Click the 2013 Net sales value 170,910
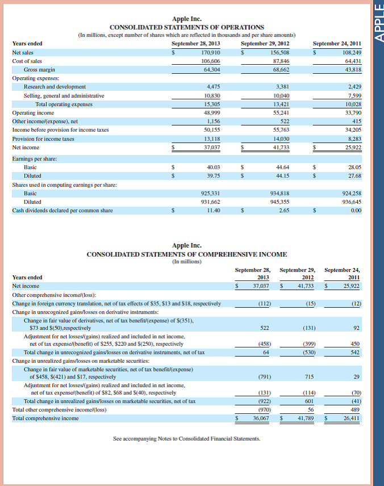pyautogui.click(x=211, y=52)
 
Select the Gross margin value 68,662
pyautogui.click(x=280, y=70)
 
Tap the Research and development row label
pyautogui.click(x=55, y=87)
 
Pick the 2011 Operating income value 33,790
pyautogui.click(x=352, y=112)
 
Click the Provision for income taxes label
pyautogui.click(x=43, y=139)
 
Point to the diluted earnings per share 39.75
pyautogui.click(x=214, y=176)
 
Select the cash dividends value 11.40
pyautogui.click(x=214, y=211)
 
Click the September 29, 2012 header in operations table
pyautogui.click(x=265, y=44)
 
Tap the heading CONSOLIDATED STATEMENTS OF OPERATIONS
pyautogui.click(x=186, y=27)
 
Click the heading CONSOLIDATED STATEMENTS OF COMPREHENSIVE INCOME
pyautogui.click(x=186, y=254)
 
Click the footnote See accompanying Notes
pyautogui.click(x=186, y=439)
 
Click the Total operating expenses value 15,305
pyautogui.click(x=211, y=104)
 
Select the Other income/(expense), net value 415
pyautogui.click(x=356, y=122)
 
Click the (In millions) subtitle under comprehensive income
pyautogui.click(x=186, y=262)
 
